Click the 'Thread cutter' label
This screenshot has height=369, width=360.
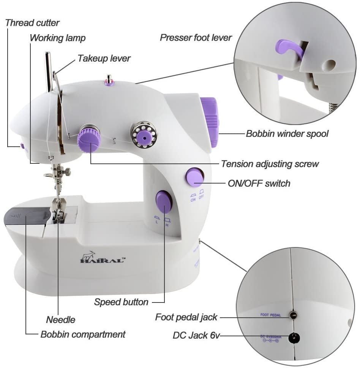click(x=32, y=23)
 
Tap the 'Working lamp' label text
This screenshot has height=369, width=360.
click(x=58, y=38)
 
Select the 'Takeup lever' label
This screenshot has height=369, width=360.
click(x=104, y=58)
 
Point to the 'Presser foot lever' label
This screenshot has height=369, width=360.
click(x=196, y=37)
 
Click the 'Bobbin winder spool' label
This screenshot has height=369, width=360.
click(x=287, y=134)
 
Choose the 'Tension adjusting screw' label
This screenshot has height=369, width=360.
click(x=270, y=164)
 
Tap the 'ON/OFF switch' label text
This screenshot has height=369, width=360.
click(x=259, y=183)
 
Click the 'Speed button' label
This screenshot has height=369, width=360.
click(x=121, y=302)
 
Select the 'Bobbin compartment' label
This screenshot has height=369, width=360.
click(x=83, y=334)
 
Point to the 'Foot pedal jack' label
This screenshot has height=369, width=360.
click(x=186, y=317)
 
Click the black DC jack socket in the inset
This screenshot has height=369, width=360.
click(x=293, y=336)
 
